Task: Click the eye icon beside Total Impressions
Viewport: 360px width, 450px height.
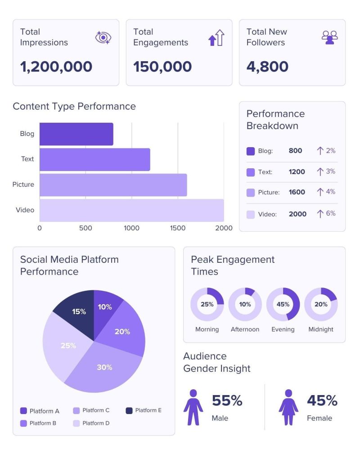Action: pyautogui.click(x=103, y=38)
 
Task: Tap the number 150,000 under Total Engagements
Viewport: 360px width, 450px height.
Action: pyautogui.click(x=162, y=67)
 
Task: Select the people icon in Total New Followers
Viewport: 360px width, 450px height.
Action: pyautogui.click(x=329, y=38)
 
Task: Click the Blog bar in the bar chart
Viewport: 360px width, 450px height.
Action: pyautogui.click(x=76, y=134)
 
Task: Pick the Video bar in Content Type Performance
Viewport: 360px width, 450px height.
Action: pyautogui.click(x=131, y=210)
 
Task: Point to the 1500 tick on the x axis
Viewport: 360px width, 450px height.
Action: pyautogui.click(x=178, y=228)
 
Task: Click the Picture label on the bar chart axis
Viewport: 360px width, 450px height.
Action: pyautogui.click(x=23, y=184)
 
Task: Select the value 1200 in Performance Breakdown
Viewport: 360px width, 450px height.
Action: pyautogui.click(x=297, y=171)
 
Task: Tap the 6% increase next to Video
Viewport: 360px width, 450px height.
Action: pyautogui.click(x=326, y=213)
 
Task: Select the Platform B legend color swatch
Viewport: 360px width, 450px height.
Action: pyautogui.click(x=24, y=423)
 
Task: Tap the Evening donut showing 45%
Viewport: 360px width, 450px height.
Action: pyautogui.click(x=283, y=304)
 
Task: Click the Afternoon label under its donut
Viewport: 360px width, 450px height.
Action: pyautogui.click(x=245, y=329)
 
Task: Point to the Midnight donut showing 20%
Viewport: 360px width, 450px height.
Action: pyautogui.click(x=321, y=304)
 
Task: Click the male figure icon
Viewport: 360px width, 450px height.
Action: pyautogui.click(x=193, y=407)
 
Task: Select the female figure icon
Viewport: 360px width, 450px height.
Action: pyautogui.click(x=288, y=407)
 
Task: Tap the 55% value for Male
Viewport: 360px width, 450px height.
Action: pyautogui.click(x=227, y=400)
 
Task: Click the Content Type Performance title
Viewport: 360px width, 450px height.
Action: pyautogui.click(x=74, y=106)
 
